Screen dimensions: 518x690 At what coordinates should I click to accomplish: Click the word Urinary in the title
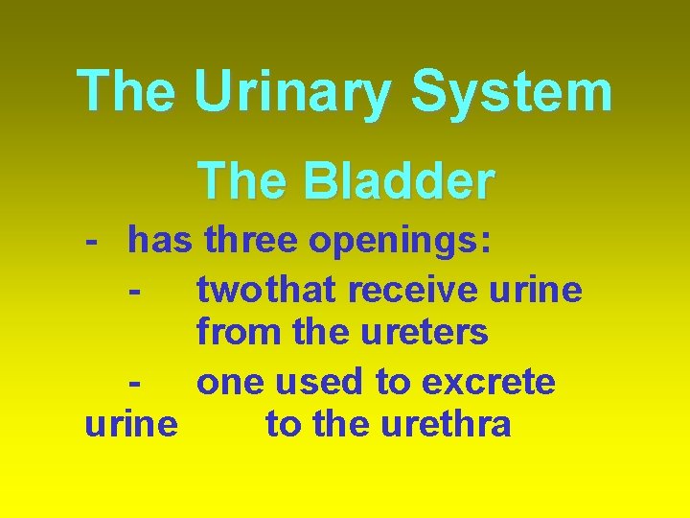pyautogui.click(x=293, y=92)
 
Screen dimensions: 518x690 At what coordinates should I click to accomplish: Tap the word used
pyautogui.click(x=322, y=382)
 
